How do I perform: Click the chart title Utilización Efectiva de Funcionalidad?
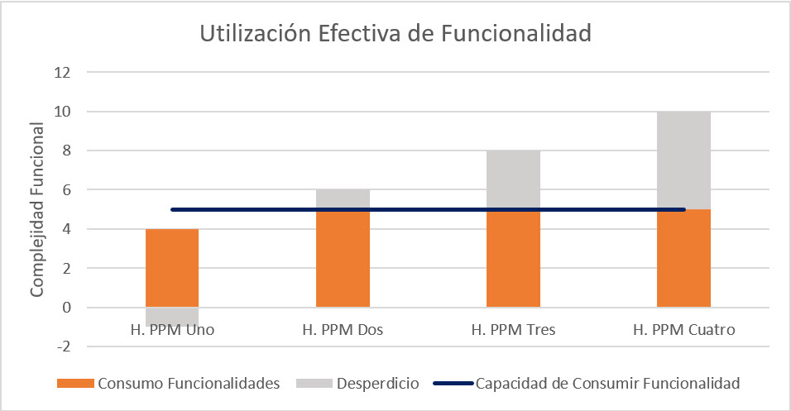coord(395,35)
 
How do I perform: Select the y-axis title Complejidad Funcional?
coord(37,210)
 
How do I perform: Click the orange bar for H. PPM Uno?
coord(172,268)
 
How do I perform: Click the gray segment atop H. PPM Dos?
coord(343,198)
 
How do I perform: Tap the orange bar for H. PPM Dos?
coord(343,258)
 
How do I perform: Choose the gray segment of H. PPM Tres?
coord(513,179)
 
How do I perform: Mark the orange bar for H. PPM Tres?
coord(513,258)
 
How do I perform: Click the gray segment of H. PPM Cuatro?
coord(683,160)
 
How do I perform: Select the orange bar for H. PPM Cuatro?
coord(683,258)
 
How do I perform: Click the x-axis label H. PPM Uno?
coord(172,330)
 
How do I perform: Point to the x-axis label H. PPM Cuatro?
coord(683,330)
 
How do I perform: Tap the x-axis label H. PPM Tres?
coord(513,330)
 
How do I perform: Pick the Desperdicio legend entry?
coord(377,384)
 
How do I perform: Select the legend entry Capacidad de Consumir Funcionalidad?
coord(606,384)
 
